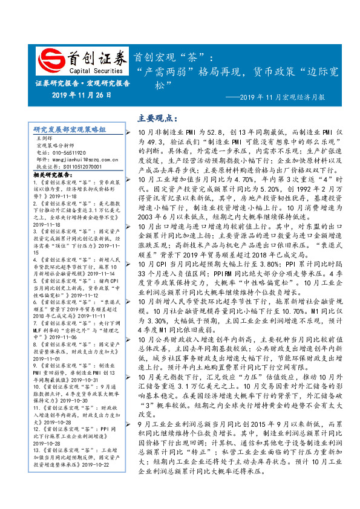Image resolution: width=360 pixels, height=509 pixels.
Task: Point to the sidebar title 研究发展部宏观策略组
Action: point(70,129)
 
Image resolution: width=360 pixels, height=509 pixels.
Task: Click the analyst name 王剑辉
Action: point(45,138)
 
